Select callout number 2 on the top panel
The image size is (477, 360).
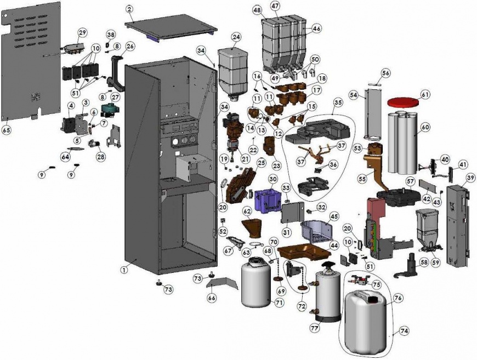tap(129, 9)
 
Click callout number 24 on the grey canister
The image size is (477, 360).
tap(236, 37)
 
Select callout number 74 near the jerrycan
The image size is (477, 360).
tap(404, 331)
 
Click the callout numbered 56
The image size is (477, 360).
tap(386, 73)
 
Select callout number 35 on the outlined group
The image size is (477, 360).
tap(338, 102)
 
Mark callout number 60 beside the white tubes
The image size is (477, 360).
tap(425, 127)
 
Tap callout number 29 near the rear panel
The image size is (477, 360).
tap(82, 33)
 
